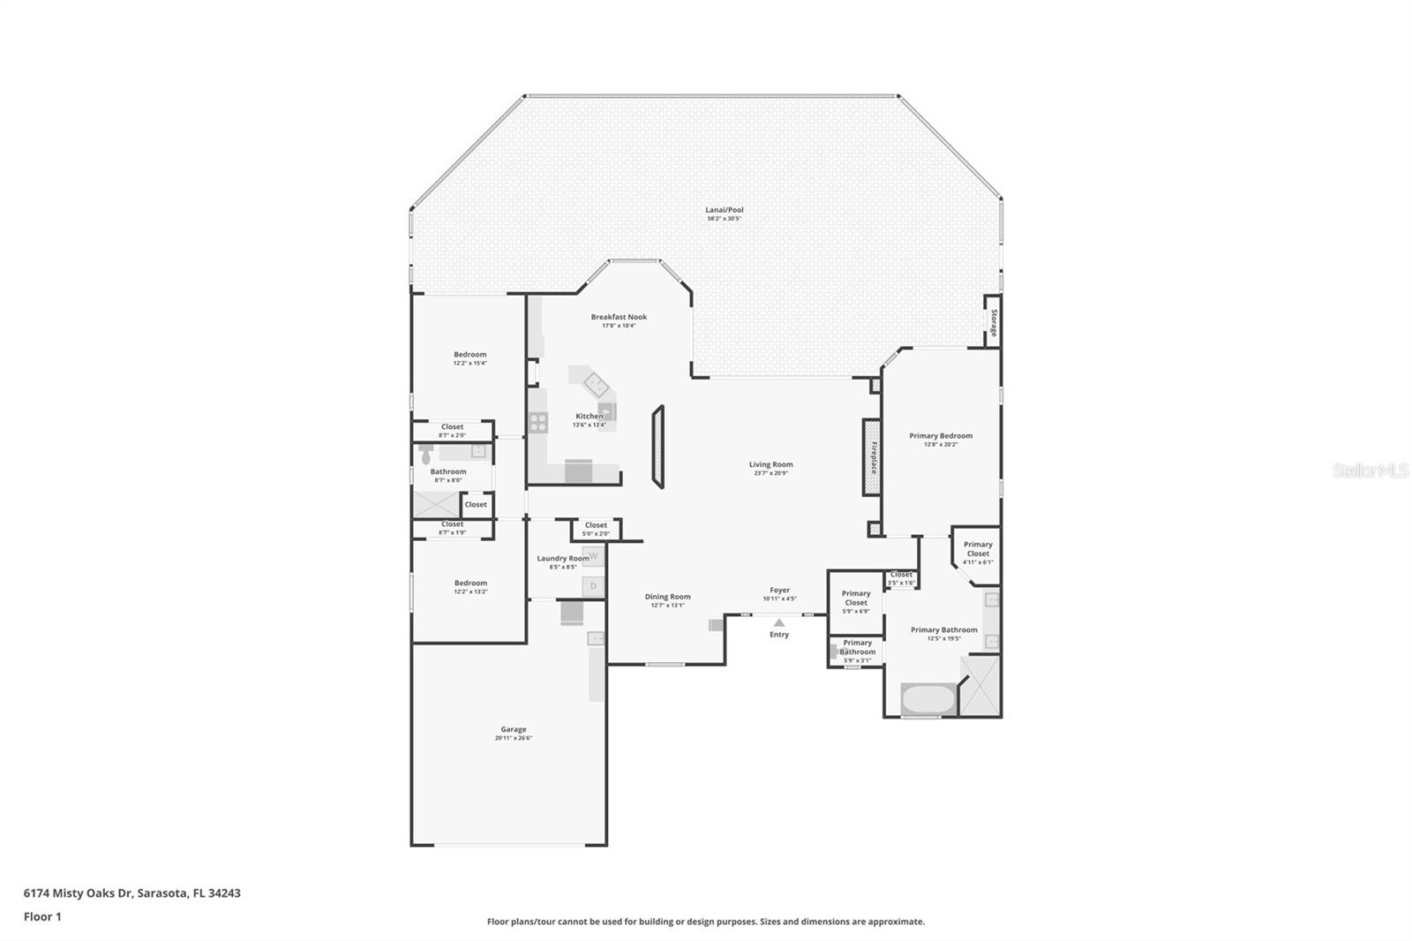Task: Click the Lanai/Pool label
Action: click(x=724, y=210)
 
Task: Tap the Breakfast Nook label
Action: click(x=619, y=317)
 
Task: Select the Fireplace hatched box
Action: click(x=872, y=457)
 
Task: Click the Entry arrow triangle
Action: click(x=778, y=622)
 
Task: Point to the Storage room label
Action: click(x=993, y=322)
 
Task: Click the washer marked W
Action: click(x=593, y=556)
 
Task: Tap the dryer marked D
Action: click(x=593, y=586)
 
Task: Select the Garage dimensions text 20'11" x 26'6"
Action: click(x=513, y=738)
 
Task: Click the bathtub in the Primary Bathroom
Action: click(x=928, y=700)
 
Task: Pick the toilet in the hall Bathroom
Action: click(x=426, y=455)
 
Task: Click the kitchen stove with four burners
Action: click(x=538, y=423)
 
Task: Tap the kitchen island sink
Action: click(x=594, y=383)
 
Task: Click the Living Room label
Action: click(x=770, y=464)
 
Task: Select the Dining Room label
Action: click(x=667, y=597)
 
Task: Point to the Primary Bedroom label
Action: click(x=941, y=435)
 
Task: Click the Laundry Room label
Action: click(x=563, y=558)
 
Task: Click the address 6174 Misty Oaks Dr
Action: click(x=78, y=892)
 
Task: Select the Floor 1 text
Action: click(x=42, y=916)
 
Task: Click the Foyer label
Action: click(x=779, y=590)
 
